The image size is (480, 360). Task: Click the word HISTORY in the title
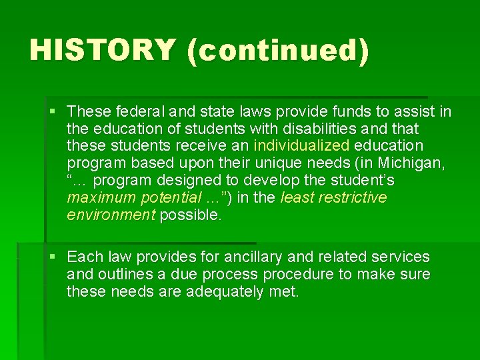point(103,51)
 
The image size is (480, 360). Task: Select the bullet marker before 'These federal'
point(54,110)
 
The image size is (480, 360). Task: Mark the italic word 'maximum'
point(98,197)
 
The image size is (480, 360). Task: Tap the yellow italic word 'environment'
point(111,215)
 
